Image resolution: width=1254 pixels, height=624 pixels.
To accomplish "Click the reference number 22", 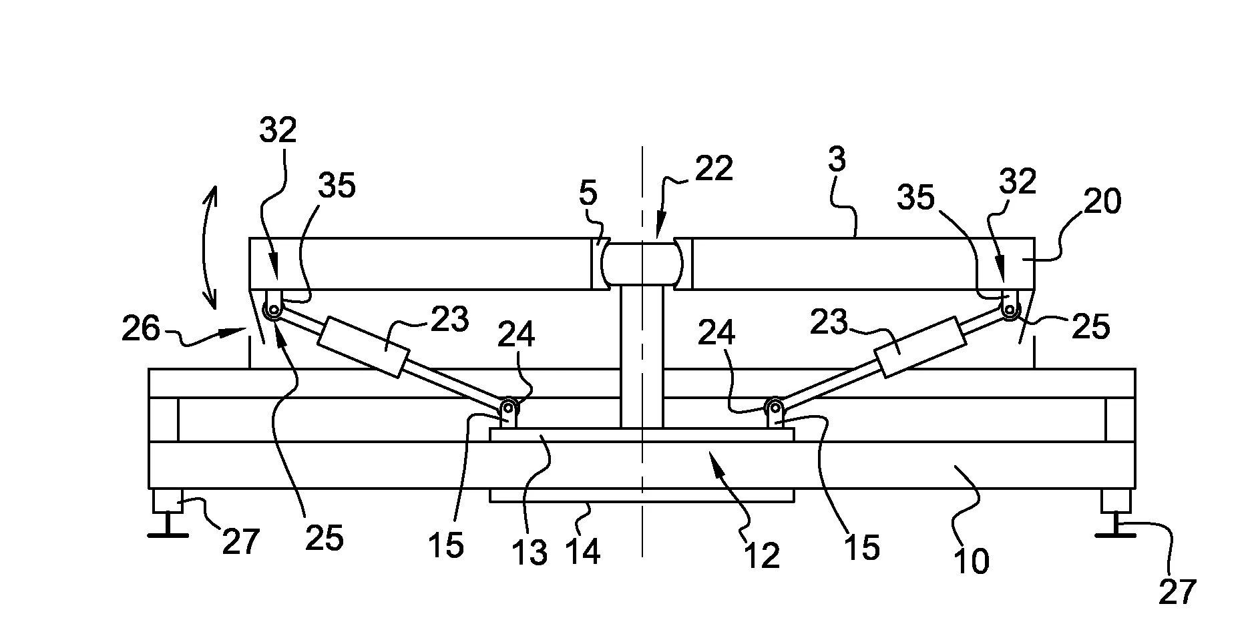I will tap(713, 168).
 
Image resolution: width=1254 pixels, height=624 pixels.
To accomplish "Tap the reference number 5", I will tap(588, 194).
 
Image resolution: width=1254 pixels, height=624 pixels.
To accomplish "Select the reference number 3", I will tap(836, 160).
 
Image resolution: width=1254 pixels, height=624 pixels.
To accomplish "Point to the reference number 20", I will tap(1102, 201).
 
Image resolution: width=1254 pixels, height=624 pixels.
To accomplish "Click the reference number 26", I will tap(141, 329).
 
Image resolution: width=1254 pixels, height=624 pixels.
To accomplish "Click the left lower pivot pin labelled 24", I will tap(509, 406).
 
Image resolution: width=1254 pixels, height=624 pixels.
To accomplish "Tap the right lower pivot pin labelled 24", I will tap(775, 406).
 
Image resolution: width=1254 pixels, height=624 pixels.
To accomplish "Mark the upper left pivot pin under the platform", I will tap(273, 310).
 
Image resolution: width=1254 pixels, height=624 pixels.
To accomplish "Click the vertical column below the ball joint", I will tap(642, 357).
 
